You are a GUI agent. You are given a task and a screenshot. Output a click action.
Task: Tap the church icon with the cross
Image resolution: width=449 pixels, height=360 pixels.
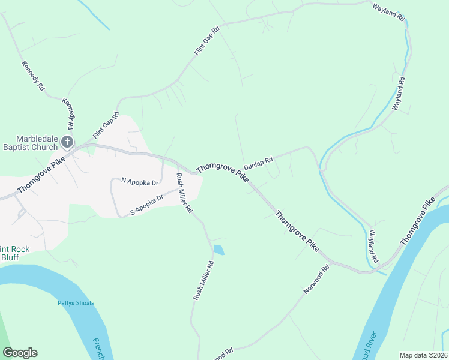tap(67, 143)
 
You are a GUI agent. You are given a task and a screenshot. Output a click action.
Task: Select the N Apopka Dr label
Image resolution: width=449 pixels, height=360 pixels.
tap(140, 181)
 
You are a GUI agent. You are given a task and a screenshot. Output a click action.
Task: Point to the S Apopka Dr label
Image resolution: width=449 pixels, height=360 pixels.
tap(147, 205)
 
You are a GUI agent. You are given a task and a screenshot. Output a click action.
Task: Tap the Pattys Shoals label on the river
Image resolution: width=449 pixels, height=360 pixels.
tap(76, 303)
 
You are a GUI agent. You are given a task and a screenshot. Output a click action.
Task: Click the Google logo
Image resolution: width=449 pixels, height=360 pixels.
tap(20, 353)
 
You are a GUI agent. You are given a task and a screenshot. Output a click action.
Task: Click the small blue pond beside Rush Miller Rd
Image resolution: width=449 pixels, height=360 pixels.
tap(218, 250)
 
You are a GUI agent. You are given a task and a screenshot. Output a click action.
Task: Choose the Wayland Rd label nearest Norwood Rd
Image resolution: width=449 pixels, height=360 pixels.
tap(373, 247)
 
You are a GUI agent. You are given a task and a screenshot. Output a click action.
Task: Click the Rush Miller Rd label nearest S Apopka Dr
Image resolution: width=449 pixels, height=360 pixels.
tap(183, 193)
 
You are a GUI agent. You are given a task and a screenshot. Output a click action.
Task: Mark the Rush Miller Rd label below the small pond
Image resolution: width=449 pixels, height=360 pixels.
tap(203, 280)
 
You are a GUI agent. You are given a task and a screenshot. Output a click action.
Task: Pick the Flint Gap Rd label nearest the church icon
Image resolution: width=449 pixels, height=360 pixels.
tap(106, 125)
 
